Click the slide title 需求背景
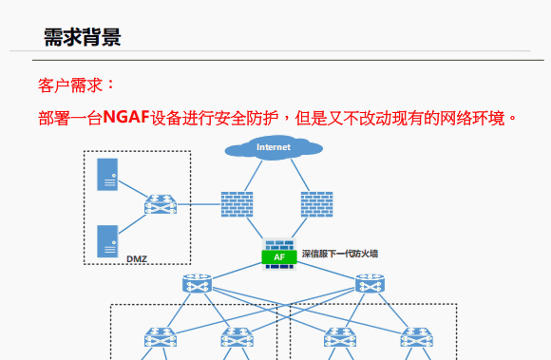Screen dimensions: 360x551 pos(82,37)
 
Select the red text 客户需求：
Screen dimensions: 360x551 pos(76,85)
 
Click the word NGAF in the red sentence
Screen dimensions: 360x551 pos(126,118)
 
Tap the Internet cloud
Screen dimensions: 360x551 pos(274,147)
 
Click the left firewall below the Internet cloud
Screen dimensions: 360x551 pos(237,204)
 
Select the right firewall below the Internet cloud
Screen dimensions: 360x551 pos(316,204)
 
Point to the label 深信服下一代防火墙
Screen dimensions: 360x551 pos(339,254)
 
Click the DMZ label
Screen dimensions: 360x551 pos(137,257)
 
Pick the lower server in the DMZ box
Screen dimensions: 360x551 pos(107,240)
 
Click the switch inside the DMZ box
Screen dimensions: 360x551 pos(160,204)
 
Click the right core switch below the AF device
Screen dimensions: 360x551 pos(370,283)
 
